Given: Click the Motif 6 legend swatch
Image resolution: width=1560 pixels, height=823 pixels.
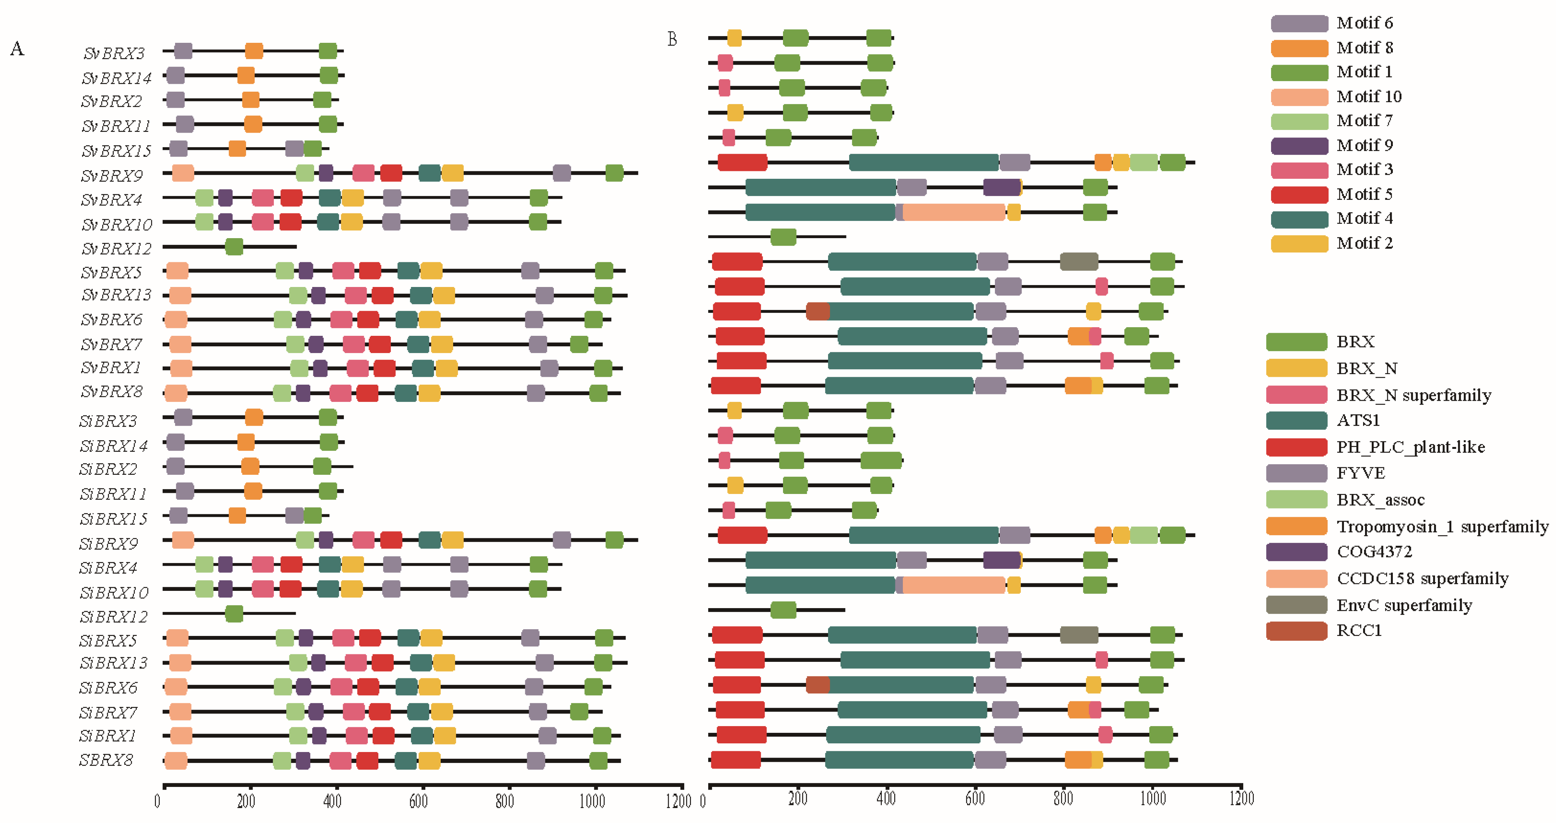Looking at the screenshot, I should (x=1299, y=23).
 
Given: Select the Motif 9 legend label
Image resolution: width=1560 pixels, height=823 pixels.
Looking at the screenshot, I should (x=1364, y=145).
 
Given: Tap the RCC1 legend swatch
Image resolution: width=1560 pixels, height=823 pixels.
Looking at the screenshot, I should (x=1296, y=630).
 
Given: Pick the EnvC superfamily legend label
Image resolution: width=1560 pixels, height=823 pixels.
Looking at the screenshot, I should (x=1404, y=605).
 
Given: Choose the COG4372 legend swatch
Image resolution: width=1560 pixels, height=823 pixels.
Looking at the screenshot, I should (x=1296, y=552).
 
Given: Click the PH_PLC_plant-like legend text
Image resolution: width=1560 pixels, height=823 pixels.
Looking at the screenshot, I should (x=1410, y=447).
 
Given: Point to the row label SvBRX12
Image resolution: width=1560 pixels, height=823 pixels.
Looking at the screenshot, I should (x=116, y=248).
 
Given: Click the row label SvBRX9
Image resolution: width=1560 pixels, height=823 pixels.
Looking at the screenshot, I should (x=112, y=176).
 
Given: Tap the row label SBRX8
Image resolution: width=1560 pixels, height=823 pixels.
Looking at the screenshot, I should (x=106, y=760).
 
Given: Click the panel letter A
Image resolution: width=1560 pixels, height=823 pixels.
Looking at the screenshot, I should (x=17, y=48).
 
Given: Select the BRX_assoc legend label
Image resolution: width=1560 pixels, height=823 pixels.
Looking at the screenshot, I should (x=1380, y=500).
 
